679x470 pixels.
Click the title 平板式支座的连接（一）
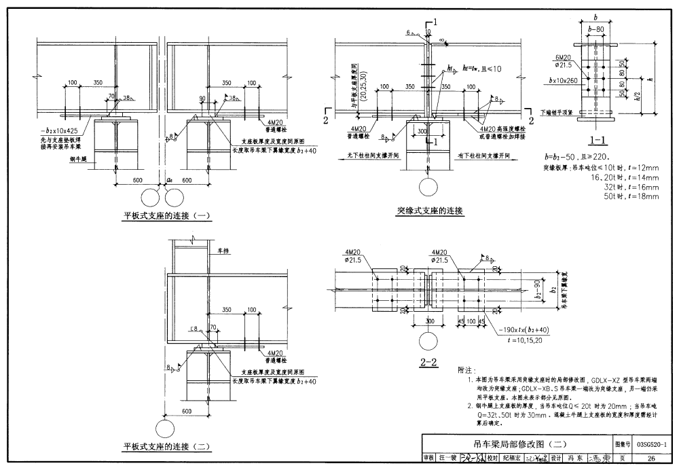167,216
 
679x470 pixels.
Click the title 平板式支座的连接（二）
167,446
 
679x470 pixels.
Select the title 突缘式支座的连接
430,211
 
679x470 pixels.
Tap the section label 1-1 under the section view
600,141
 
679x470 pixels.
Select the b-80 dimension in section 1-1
598,30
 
